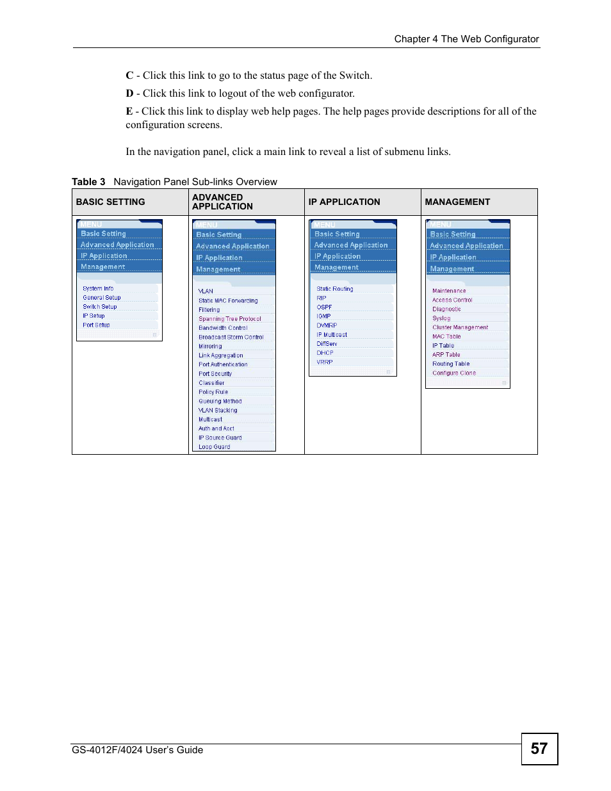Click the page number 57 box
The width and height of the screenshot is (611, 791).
539,749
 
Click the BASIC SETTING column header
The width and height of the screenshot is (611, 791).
110,202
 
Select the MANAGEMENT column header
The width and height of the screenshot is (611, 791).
457,202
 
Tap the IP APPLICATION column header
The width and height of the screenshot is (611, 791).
344,202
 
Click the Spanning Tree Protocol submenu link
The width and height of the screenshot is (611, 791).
230,319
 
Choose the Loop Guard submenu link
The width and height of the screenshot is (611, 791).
214,447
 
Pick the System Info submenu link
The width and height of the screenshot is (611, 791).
98,289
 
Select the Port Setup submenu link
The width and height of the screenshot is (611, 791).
96,325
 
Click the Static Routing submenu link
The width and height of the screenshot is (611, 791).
334,289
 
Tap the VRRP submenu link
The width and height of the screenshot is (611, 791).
325,363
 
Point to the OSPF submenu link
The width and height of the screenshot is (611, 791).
324,307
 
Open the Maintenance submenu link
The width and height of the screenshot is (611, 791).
449,291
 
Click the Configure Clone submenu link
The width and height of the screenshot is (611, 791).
454,373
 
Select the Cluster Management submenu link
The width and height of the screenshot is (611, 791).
460,327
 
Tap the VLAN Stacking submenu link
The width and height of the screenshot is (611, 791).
218,411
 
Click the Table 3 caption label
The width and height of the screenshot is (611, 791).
88,182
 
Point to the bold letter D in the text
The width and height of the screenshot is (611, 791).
129,94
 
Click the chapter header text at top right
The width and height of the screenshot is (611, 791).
466,39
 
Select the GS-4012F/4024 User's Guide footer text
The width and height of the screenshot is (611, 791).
138,750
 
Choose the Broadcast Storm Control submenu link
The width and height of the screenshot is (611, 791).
231,338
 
